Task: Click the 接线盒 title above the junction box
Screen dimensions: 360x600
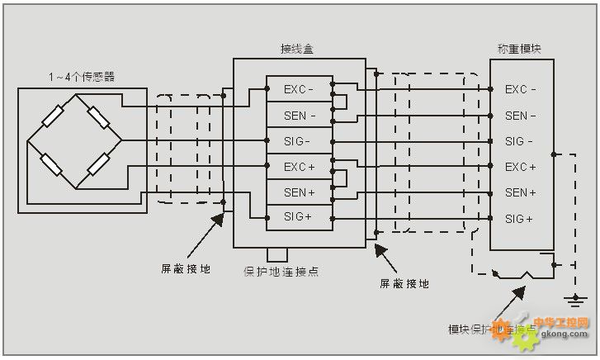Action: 297,50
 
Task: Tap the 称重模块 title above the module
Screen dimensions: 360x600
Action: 520,50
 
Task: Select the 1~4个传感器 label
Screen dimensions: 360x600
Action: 81,77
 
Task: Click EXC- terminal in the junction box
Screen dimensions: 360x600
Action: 298,89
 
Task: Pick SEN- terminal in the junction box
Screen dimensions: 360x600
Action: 298,116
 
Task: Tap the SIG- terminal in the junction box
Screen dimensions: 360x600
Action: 298,141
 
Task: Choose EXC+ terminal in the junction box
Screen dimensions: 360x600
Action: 298,167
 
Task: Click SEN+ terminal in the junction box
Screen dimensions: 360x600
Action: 298,192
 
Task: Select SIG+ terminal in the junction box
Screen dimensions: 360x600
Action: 298,218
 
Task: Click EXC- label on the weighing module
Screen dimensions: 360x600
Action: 520,89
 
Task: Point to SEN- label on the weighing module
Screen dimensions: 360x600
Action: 520,116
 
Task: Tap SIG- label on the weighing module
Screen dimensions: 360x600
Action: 520,141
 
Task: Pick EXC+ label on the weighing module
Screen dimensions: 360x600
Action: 520,167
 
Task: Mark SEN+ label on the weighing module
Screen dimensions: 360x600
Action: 520,192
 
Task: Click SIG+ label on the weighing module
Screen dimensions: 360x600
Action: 520,218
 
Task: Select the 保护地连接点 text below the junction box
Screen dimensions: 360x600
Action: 281,272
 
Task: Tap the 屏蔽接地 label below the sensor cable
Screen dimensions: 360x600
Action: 185,268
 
